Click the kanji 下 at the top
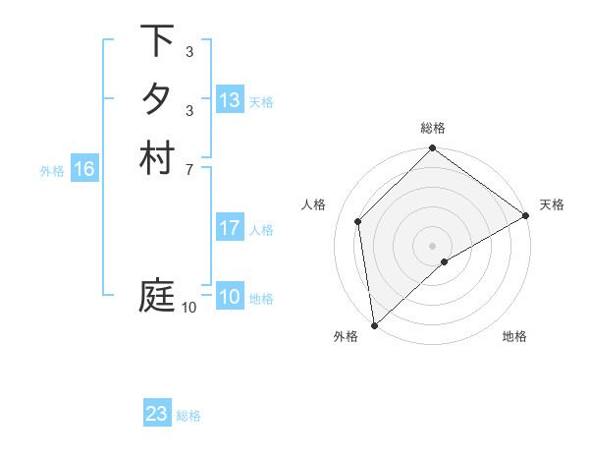157,42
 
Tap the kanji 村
157,158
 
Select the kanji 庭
157,296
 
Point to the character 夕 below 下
157,100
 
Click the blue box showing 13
230,100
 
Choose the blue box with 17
230,228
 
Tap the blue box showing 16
84,169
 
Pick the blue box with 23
157,414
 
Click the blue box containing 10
230,297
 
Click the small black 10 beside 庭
188,308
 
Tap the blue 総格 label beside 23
188,416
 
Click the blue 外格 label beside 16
52,170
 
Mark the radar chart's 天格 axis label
552,204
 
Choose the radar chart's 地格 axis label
514,336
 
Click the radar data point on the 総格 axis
432,149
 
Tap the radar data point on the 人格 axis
358,221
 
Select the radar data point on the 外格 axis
374,325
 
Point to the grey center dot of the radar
432,245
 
